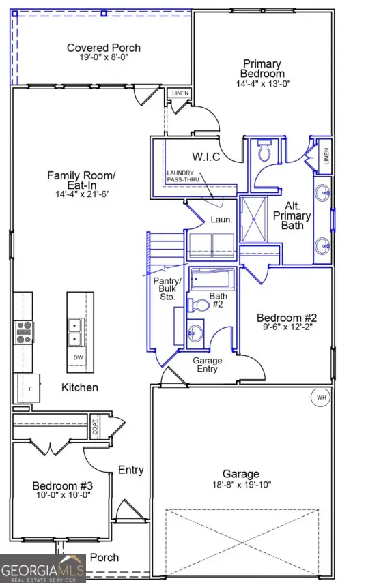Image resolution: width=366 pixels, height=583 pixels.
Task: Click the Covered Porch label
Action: coord(104,48)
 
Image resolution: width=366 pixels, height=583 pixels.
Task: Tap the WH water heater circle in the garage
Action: coord(320,397)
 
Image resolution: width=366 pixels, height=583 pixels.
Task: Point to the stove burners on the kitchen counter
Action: coord(23,332)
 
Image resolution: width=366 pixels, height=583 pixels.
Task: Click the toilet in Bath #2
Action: coord(199,305)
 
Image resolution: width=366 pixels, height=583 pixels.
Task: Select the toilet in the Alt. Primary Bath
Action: coord(264,151)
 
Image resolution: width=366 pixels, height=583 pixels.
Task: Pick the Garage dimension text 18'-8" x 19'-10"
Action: coord(241,485)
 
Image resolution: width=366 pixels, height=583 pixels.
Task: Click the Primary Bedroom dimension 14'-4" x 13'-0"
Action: coord(263,84)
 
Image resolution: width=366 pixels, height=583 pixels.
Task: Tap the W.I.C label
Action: coord(206,157)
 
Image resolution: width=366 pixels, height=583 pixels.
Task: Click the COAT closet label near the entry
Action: coord(95,428)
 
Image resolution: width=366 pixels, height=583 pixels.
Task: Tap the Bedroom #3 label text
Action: coord(62,485)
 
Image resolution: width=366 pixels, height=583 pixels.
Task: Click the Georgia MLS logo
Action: coord(43,569)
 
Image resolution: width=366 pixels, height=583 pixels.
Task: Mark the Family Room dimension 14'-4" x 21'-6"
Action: coord(77,193)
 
